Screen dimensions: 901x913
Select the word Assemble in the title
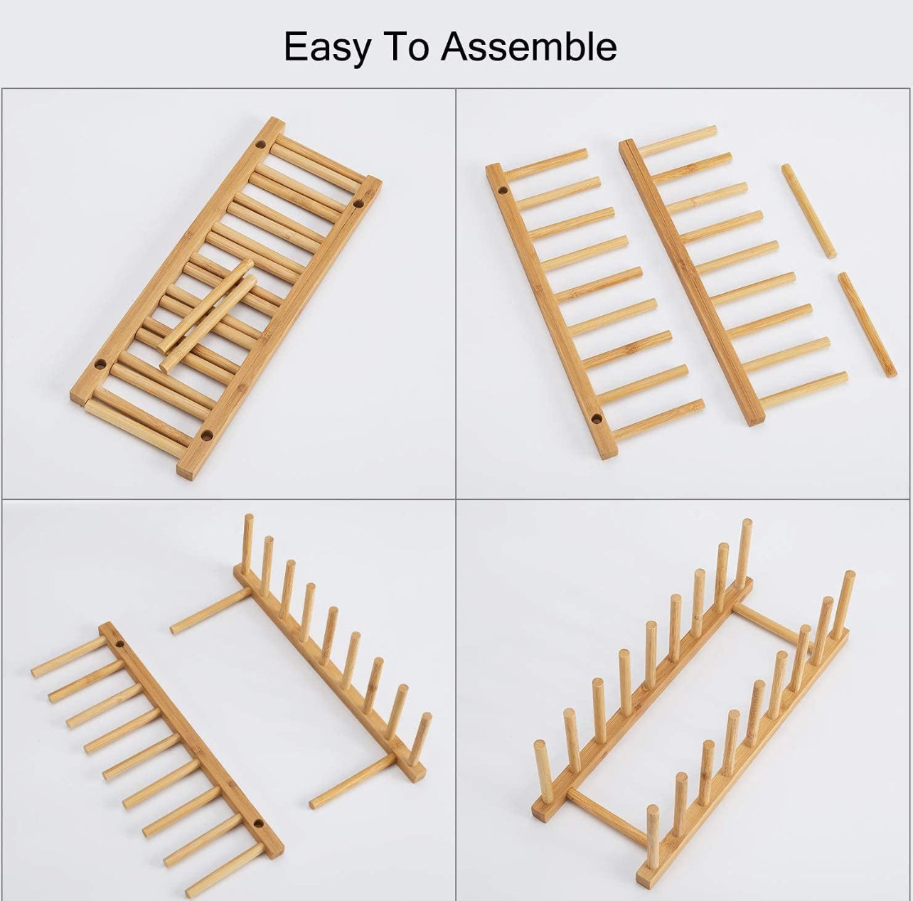coord(528,47)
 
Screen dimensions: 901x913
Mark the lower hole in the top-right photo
coord(596,416)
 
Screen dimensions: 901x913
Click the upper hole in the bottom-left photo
coord(122,646)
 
